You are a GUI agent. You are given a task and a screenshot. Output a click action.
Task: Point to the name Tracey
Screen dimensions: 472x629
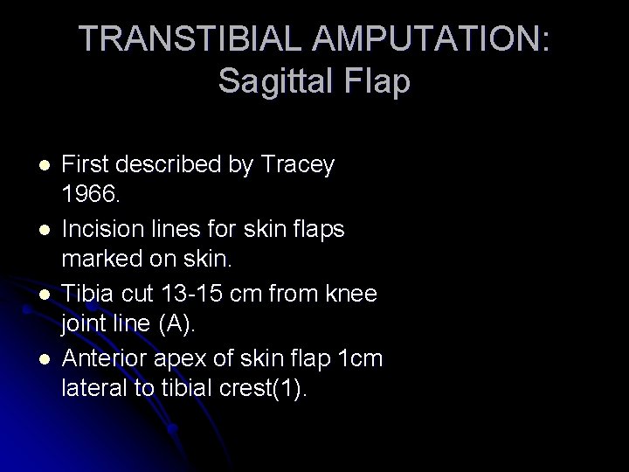click(x=298, y=164)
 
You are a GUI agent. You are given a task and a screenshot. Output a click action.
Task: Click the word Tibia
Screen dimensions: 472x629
click(x=91, y=294)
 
